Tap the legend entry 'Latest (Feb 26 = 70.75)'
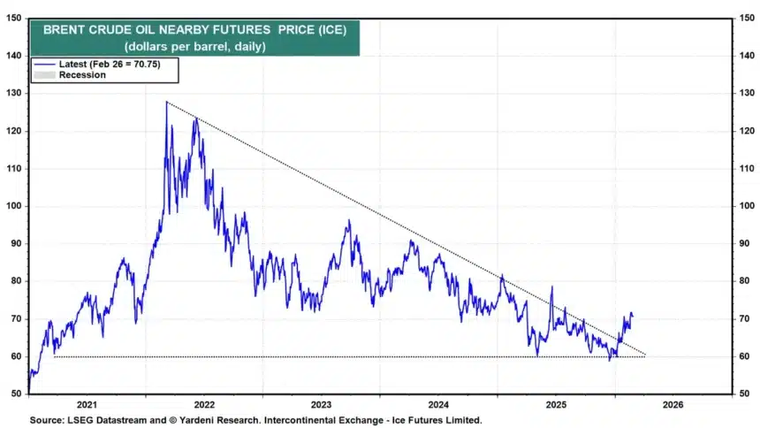[105, 64]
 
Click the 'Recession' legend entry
[82, 75]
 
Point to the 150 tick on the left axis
[14, 18]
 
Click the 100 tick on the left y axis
[14, 206]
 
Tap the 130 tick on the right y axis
[747, 93]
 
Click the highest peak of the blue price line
[166, 103]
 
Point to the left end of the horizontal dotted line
[54, 356]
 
